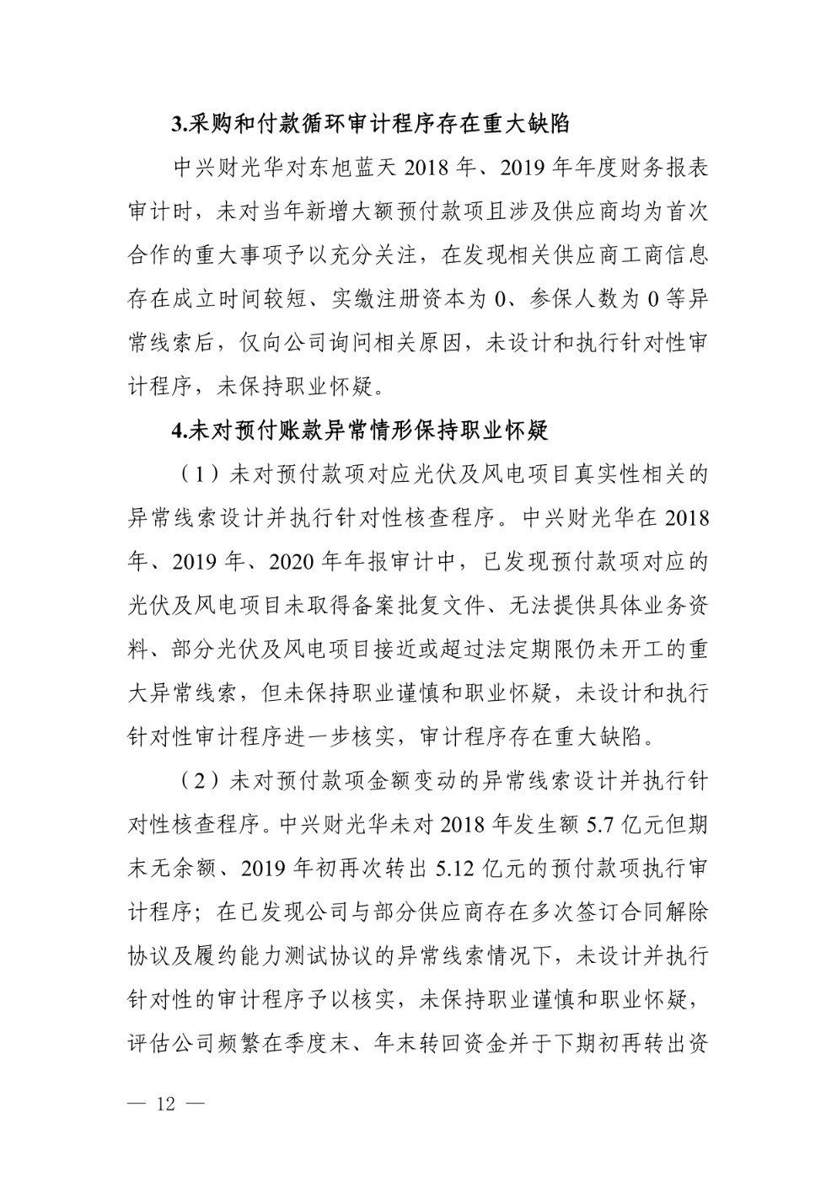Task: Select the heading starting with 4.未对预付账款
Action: click(359, 431)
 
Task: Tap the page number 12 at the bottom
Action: click(165, 1104)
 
